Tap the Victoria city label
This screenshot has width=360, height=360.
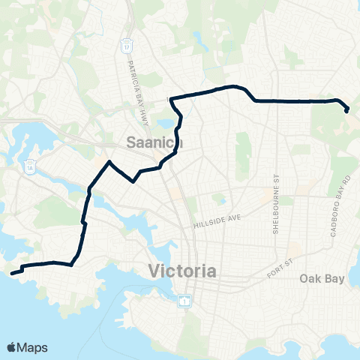click(x=183, y=270)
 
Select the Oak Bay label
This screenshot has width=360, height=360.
click(x=322, y=279)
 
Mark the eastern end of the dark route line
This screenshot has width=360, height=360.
click(x=347, y=111)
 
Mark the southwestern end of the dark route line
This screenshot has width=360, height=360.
click(x=13, y=272)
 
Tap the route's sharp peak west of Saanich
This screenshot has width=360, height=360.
click(x=109, y=162)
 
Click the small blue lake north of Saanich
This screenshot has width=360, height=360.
click(x=163, y=123)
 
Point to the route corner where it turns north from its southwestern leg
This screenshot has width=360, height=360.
click(x=71, y=264)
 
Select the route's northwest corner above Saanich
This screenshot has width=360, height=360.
click(x=172, y=99)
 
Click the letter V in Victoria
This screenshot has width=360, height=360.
click(x=154, y=270)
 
